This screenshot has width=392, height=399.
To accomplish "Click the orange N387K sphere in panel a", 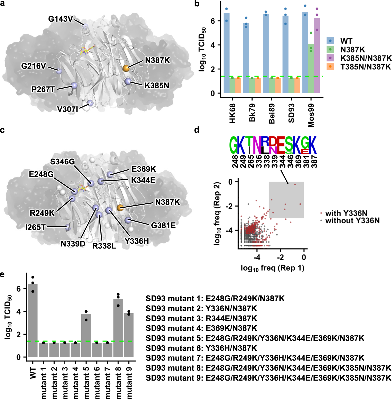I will click(x=126, y=68).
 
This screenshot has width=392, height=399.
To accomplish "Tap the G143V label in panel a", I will click(x=60, y=19).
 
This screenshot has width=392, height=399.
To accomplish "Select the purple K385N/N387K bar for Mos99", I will click(x=317, y=55).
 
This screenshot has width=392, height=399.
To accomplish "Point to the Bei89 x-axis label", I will click(x=272, y=114).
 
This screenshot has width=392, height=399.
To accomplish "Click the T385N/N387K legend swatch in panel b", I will click(x=330, y=66).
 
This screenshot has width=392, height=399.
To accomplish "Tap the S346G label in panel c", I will click(x=62, y=162).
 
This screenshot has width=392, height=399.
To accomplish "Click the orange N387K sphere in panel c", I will click(x=120, y=207).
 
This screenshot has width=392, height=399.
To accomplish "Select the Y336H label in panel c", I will click(x=137, y=241).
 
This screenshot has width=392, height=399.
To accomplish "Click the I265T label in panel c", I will click(x=35, y=227).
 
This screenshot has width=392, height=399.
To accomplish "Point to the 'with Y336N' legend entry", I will click(x=346, y=213).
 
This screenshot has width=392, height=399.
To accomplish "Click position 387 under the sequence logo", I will click(x=314, y=161).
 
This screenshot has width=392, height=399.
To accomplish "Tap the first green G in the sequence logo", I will click(x=233, y=145).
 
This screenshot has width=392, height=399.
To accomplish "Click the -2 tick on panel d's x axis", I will click(x=280, y=257).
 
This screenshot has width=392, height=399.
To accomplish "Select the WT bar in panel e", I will click(x=33, y=320).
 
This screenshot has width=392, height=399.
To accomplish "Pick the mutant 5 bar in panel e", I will click(x=86, y=335).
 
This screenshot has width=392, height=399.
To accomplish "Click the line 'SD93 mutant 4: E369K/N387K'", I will click(x=201, y=328).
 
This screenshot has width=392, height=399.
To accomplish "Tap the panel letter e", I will click(x=2, y=274).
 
